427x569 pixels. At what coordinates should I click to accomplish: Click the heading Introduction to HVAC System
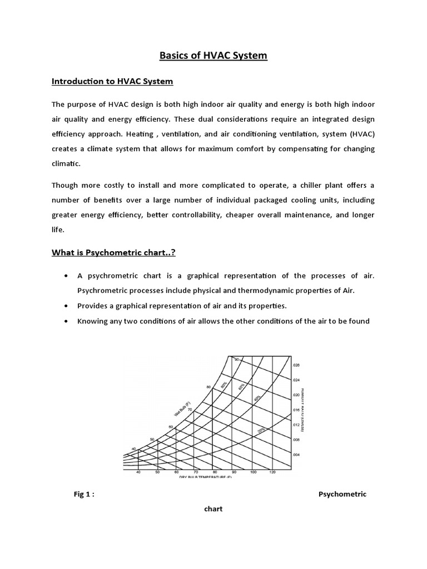coord(112,82)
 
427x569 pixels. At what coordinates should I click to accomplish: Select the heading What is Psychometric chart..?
coord(114,253)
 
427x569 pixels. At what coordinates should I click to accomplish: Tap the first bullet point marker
coord(67,276)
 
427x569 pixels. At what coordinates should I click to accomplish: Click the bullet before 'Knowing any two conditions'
coord(67,321)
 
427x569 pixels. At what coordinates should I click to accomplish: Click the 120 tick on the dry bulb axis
coord(272,472)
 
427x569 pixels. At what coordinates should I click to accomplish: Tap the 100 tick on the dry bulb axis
coord(253,472)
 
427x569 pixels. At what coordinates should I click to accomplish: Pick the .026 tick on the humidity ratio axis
coord(296,365)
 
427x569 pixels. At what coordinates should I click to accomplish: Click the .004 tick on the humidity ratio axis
coord(296,455)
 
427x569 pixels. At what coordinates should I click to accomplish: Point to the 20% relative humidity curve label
coord(261,430)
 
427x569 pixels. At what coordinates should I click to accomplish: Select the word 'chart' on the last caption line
coord(213,509)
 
